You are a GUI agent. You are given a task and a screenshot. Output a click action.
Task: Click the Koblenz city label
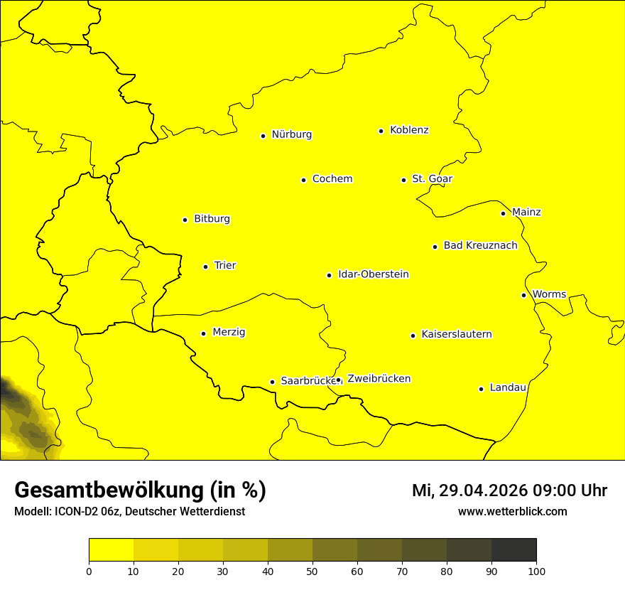(x=409, y=130)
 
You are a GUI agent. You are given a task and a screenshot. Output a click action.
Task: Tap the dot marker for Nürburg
(x=263, y=136)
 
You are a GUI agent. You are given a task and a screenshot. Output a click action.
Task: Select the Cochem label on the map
(x=332, y=179)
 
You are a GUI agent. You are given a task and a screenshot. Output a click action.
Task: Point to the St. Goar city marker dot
(x=403, y=180)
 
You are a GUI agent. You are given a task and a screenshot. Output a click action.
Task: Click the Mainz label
(x=526, y=213)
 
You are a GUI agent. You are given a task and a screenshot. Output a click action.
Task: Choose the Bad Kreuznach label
(x=480, y=246)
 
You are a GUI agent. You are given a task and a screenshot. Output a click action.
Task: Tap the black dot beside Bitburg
(x=185, y=220)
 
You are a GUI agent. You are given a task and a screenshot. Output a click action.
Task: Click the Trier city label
(x=224, y=266)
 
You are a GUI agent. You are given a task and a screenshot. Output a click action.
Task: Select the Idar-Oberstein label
(x=373, y=274)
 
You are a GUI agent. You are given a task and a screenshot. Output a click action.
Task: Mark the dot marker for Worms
(x=523, y=295)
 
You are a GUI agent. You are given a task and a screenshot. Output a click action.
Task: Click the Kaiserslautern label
(x=456, y=335)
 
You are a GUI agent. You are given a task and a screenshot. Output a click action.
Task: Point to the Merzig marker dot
(x=203, y=333)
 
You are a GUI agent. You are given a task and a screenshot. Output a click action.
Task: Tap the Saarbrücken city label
(x=307, y=381)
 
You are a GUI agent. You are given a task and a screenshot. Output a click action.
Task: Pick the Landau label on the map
(x=508, y=388)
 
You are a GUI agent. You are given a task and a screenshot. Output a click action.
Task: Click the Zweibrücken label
(x=379, y=379)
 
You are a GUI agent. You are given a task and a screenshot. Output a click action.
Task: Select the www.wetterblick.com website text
(x=512, y=512)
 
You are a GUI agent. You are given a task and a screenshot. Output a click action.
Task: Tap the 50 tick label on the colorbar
(x=312, y=571)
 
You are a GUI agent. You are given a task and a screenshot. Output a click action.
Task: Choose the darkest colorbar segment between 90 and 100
(x=513, y=550)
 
